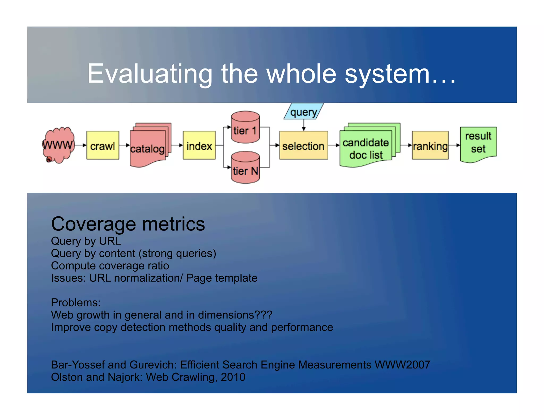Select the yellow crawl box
click(x=103, y=145)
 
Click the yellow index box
click(x=199, y=145)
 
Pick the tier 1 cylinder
click(x=245, y=127)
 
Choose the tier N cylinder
click(x=245, y=168)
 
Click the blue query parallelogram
click(x=304, y=112)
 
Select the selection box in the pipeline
click(x=303, y=145)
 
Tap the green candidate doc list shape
click(x=366, y=147)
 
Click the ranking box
click(x=430, y=145)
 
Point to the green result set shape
click(x=478, y=143)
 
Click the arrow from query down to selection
click(x=304, y=125)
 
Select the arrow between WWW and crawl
click(x=81, y=145)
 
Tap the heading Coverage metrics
click(x=128, y=224)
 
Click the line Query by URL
click(x=86, y=241)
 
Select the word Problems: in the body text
click(x=76, y=302)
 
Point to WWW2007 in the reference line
click(x=402, y=365)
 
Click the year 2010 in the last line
click(x=233, y=377)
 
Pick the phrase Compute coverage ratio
click(x=110, y=265)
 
